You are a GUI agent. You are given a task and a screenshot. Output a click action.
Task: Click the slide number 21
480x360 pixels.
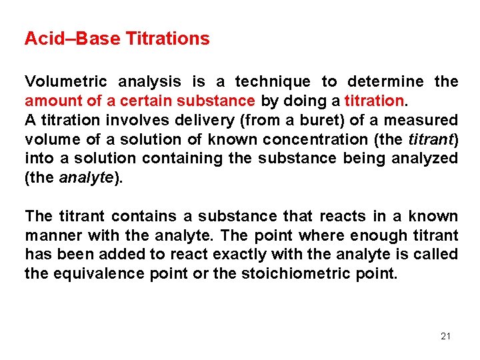(445, 336)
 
